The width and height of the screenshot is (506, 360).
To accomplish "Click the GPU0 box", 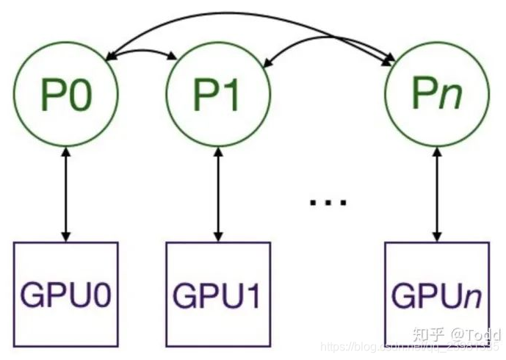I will click(65, 294).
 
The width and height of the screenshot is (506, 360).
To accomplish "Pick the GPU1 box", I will click(218, 294).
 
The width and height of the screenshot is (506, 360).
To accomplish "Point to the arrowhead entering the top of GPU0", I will click(65, 237).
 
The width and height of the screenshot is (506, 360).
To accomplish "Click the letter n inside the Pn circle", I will click(452, 95).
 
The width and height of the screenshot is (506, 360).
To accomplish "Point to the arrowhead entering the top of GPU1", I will click(218, 237).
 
